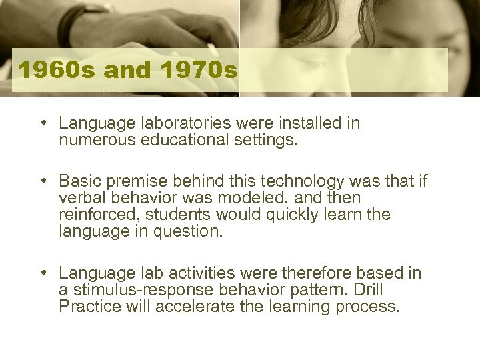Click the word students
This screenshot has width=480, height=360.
tap(178, 215)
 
